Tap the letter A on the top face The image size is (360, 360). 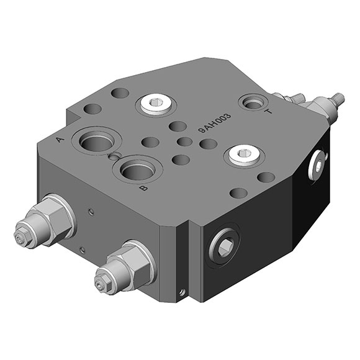coord(60,139)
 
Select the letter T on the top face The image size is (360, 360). coord(268,112)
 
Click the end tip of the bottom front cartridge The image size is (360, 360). coord(99,285)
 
